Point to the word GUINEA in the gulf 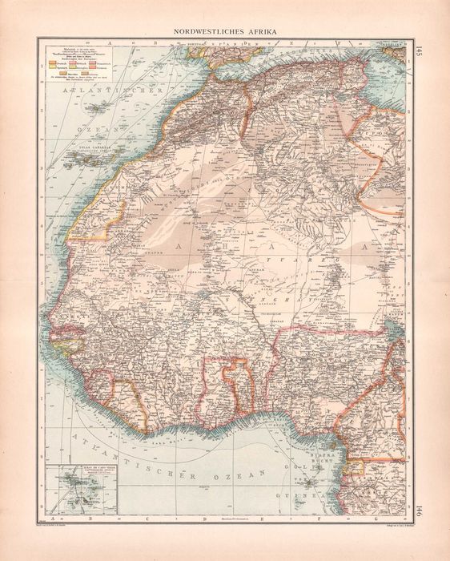(x=321, y=497)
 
